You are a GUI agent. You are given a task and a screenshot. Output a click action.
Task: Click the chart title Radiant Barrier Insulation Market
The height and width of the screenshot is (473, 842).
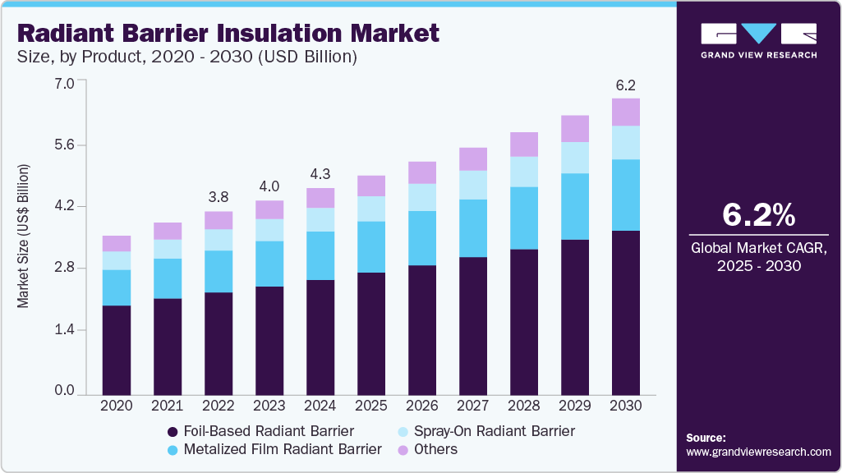228,33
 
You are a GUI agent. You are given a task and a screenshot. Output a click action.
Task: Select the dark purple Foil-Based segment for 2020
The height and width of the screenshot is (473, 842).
117,350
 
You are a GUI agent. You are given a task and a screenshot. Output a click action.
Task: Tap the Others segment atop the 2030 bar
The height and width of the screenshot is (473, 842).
626,112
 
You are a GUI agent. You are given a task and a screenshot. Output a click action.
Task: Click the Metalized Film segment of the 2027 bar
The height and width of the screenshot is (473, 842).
473,228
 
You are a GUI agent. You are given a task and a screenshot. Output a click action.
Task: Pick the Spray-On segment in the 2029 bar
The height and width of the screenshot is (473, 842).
575,158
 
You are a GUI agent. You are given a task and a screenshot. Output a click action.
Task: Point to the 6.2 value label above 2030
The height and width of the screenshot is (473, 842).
626,85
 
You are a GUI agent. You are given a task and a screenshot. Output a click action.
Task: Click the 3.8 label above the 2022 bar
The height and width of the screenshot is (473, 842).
219,198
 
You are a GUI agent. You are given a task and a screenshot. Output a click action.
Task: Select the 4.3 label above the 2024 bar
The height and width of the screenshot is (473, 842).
320,174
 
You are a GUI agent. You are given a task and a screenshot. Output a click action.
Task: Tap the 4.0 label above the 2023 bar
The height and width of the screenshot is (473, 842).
269,186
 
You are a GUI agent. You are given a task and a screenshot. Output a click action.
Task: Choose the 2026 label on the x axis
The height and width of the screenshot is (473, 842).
422,406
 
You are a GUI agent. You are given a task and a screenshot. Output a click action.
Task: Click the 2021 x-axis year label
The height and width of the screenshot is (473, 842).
168,406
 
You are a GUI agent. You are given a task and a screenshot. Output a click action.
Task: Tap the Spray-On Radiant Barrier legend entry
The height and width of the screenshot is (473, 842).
485,431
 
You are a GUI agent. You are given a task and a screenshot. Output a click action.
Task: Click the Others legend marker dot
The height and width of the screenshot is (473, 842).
403,450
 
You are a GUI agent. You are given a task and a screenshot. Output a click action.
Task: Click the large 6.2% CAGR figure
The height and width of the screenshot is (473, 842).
758,215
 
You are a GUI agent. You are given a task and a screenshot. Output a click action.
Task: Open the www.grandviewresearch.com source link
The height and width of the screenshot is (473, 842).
758,452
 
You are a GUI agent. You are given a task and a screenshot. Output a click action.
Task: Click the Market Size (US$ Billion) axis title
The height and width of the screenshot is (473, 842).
23,236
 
